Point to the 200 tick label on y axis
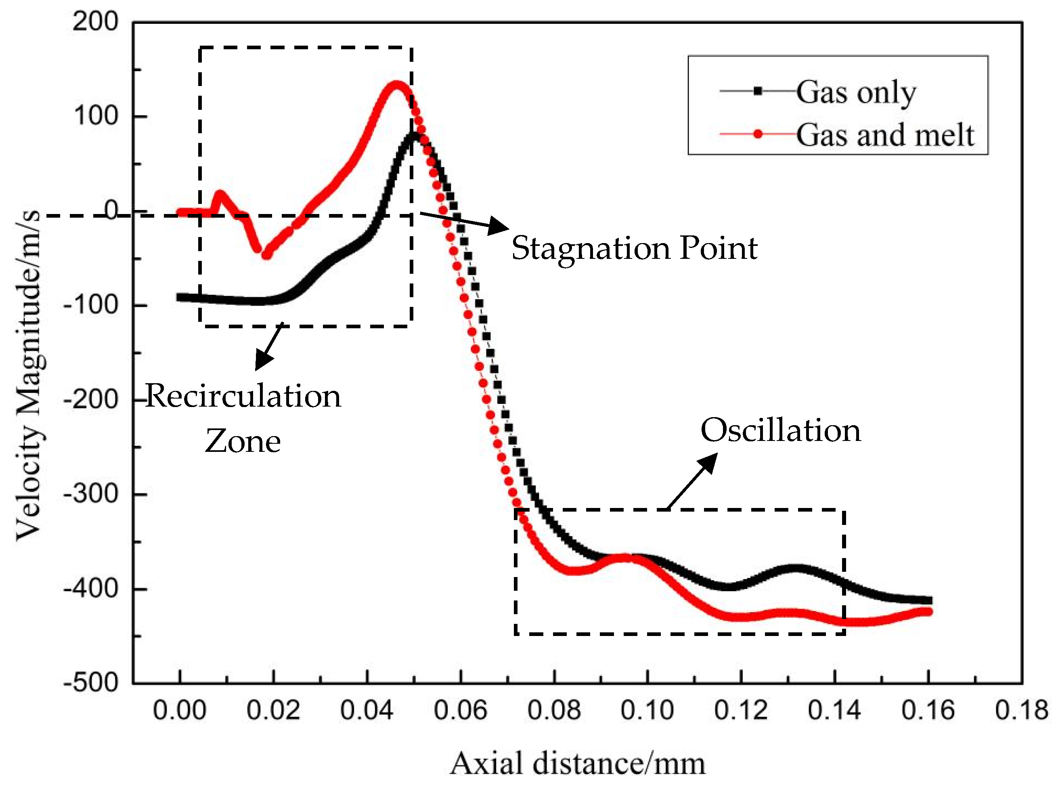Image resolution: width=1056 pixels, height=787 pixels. click(x=95, y=22)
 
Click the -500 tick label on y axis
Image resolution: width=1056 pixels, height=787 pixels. click(x=91, y=683)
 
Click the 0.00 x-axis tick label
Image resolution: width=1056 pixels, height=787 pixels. click(x=180, y=710)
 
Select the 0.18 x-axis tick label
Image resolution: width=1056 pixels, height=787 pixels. click(x=1021, y=710)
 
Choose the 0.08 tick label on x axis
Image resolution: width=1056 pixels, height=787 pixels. click(x=554, y=710)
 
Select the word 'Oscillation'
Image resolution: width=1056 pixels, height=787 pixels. click(x=780, y=430)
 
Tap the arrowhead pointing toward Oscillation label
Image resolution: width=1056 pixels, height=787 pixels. click(x=709, y=462)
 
